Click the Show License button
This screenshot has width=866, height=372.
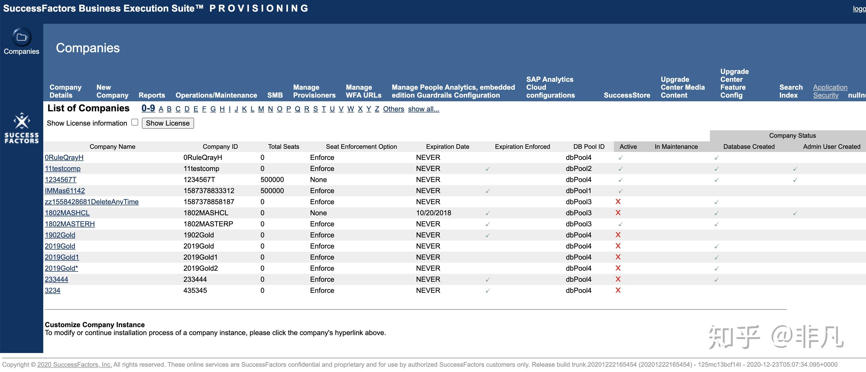click(x=167, y=123)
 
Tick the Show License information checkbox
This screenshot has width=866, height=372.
click(x=135, y=122)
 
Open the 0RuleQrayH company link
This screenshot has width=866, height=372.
click(x=64, y=158)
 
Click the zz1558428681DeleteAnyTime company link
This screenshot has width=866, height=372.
click(x=92, y=202)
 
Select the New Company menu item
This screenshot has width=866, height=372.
click(x=112, y=91)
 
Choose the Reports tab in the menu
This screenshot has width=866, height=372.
click(x=152, y=95)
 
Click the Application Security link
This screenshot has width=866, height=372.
click(x=830, y=91)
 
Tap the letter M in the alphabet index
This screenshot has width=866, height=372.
click(x=261, y=109)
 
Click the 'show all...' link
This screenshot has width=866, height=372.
click(x=423, y=109)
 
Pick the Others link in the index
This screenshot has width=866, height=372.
click(x=393, y=109)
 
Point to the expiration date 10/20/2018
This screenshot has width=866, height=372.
click(x=433, y=213)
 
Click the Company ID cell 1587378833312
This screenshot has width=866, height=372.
click(x=209, y=191)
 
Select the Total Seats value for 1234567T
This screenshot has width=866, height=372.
click(x=272, y=180)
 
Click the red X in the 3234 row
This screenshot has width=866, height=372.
click(x=618, y=290)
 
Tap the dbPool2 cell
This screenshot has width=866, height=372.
click(x=578, y=169)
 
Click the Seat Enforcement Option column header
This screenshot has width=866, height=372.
click(x=361, y=147)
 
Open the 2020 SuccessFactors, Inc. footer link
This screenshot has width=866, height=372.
click(x=74, y=365)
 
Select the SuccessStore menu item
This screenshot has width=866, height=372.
click(x=627, y=95)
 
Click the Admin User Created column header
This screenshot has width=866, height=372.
click(x=831, y=147)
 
